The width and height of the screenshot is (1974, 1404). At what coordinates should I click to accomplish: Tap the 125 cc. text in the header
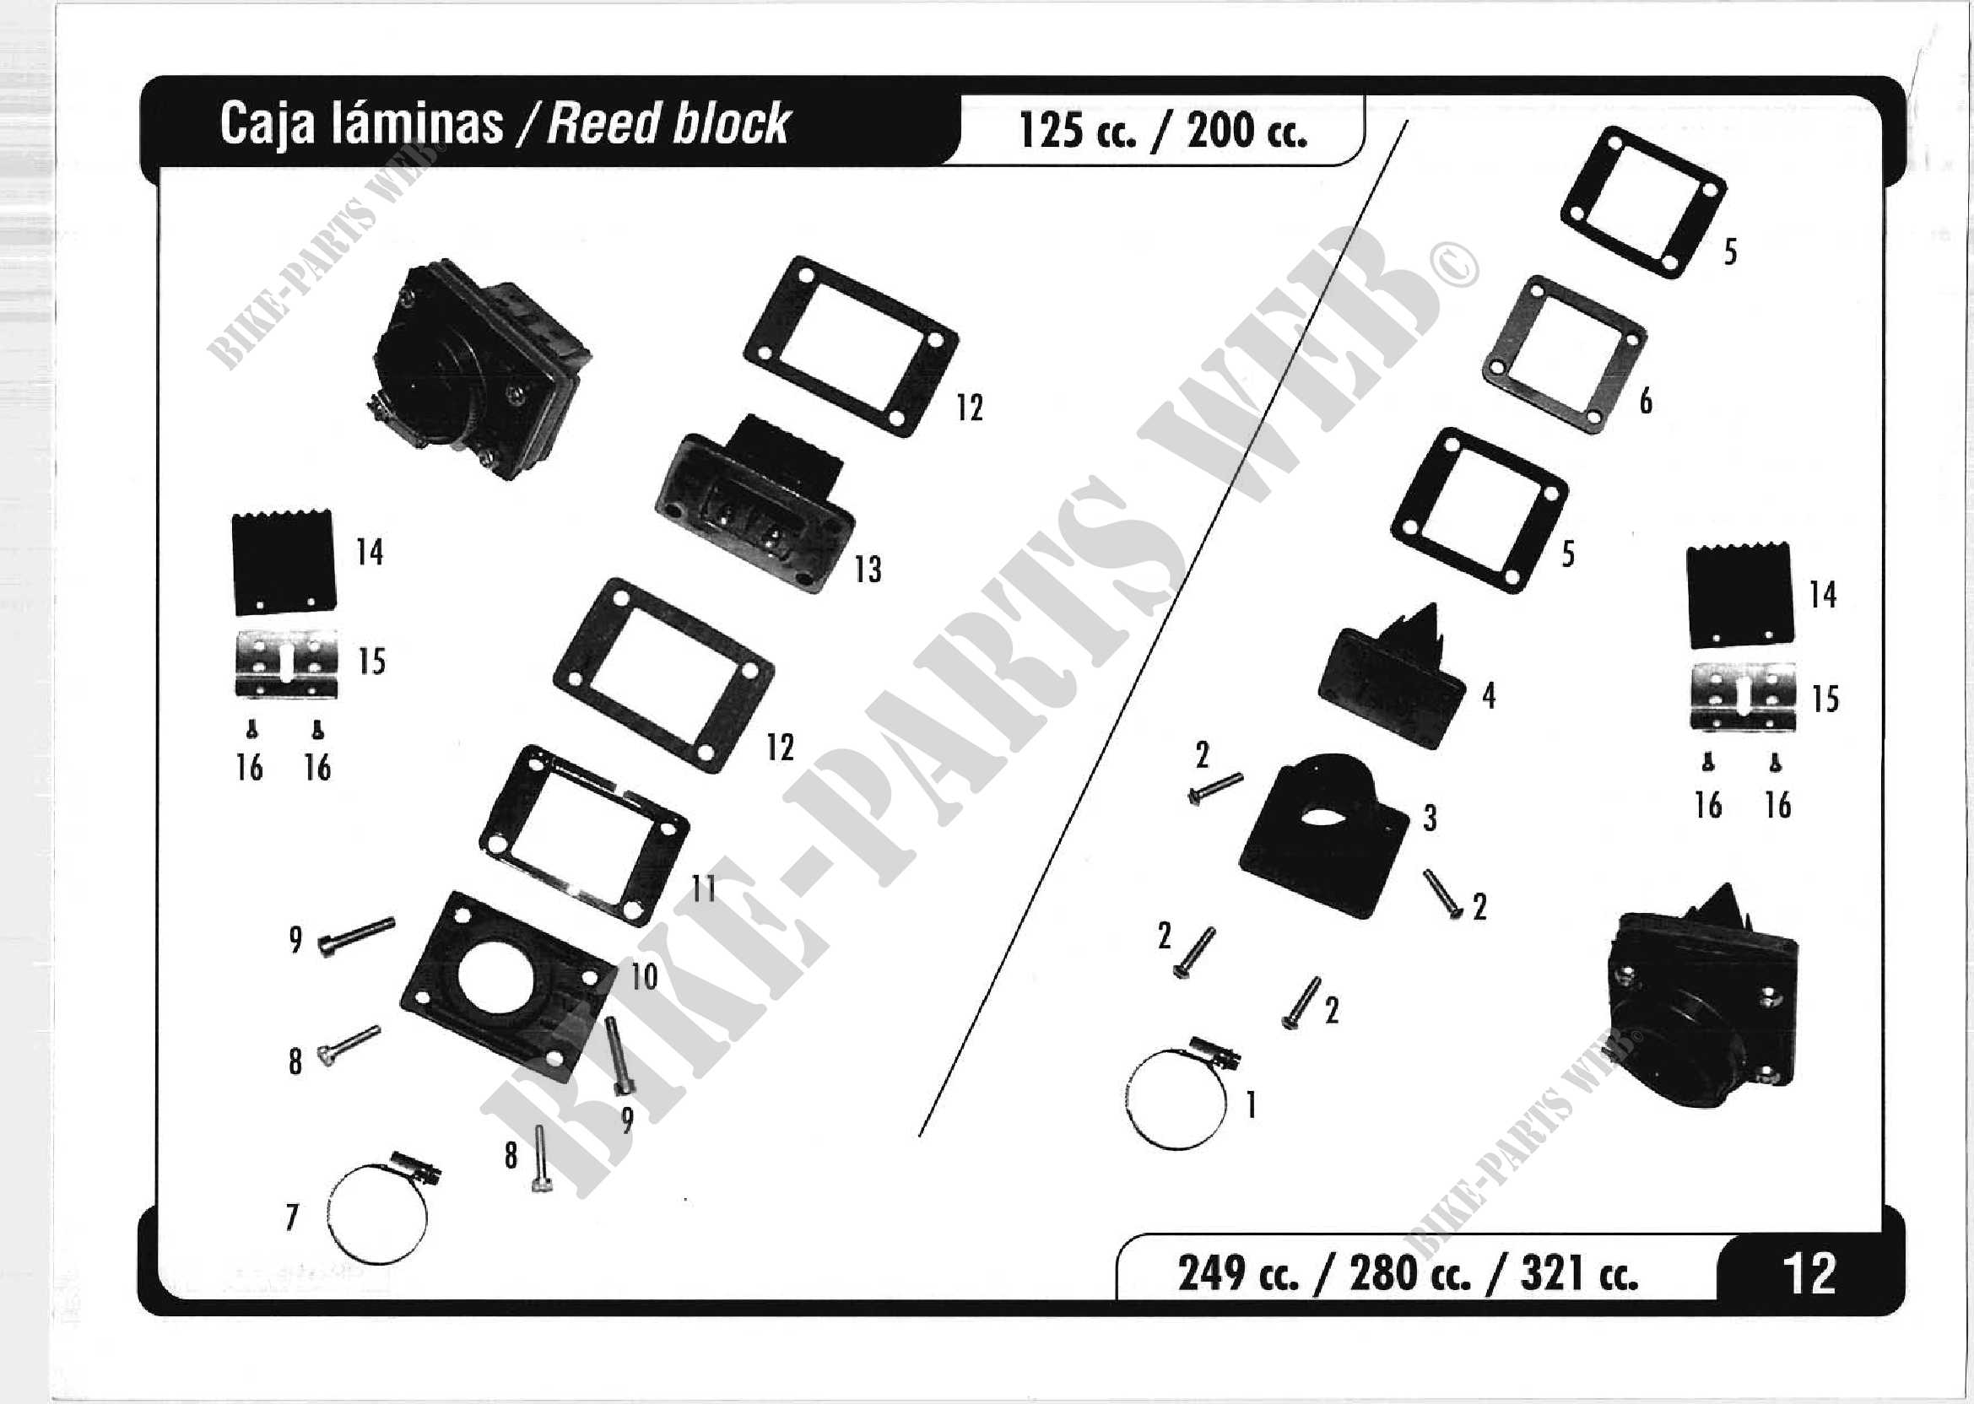point(1077,132)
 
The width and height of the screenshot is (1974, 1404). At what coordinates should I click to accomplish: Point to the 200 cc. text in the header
point(1246,132)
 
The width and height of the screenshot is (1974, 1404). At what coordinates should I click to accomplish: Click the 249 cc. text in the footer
point(1237,1273)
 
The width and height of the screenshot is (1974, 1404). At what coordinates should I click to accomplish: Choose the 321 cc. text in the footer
point(1579,1273)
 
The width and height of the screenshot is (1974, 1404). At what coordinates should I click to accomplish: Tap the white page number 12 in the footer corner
point(1809,1273)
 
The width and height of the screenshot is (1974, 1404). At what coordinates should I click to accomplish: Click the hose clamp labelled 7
point(378,1213)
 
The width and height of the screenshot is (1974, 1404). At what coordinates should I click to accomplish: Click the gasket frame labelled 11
point(584,835)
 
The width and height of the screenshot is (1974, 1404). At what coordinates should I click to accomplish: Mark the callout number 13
point(868,570)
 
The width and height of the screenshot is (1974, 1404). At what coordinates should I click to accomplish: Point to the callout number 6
point(1646,401)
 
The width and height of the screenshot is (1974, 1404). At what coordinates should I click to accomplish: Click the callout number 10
point(644,977)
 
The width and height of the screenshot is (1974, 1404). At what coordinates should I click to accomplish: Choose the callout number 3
point(1430,818)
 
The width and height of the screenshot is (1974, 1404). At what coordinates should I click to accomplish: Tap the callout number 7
point(292,1218)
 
